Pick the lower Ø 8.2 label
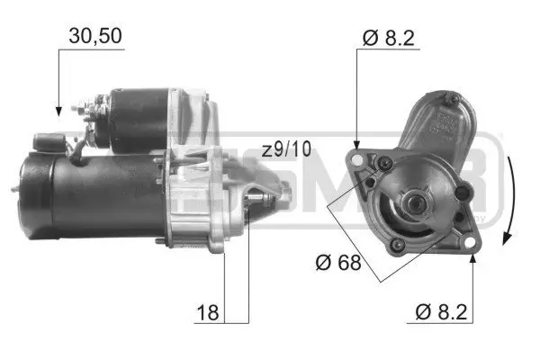[x=441, y=314]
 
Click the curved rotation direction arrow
[x=509, y=199]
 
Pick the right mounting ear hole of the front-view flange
[x=463, y=192]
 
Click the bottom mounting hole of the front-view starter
[x=394, y=245]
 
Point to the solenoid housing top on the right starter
[x=441, y=117]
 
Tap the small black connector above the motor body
[x=45, y=141]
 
